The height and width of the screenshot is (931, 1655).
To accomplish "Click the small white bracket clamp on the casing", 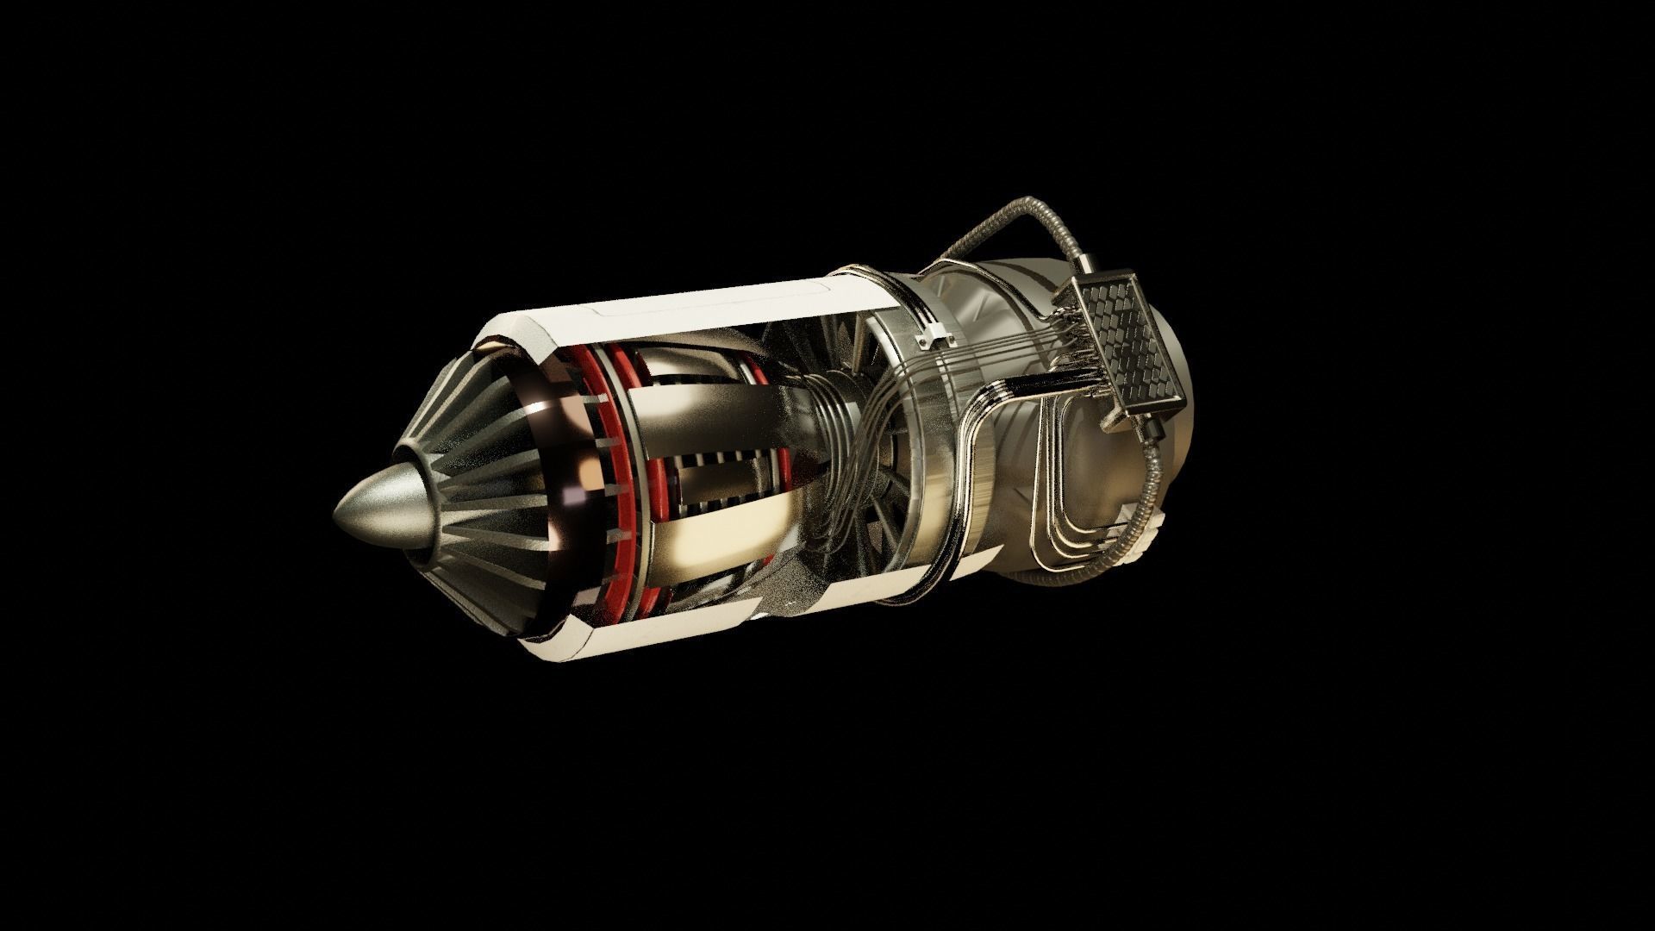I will pyautogui.click(x=934, y=335).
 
